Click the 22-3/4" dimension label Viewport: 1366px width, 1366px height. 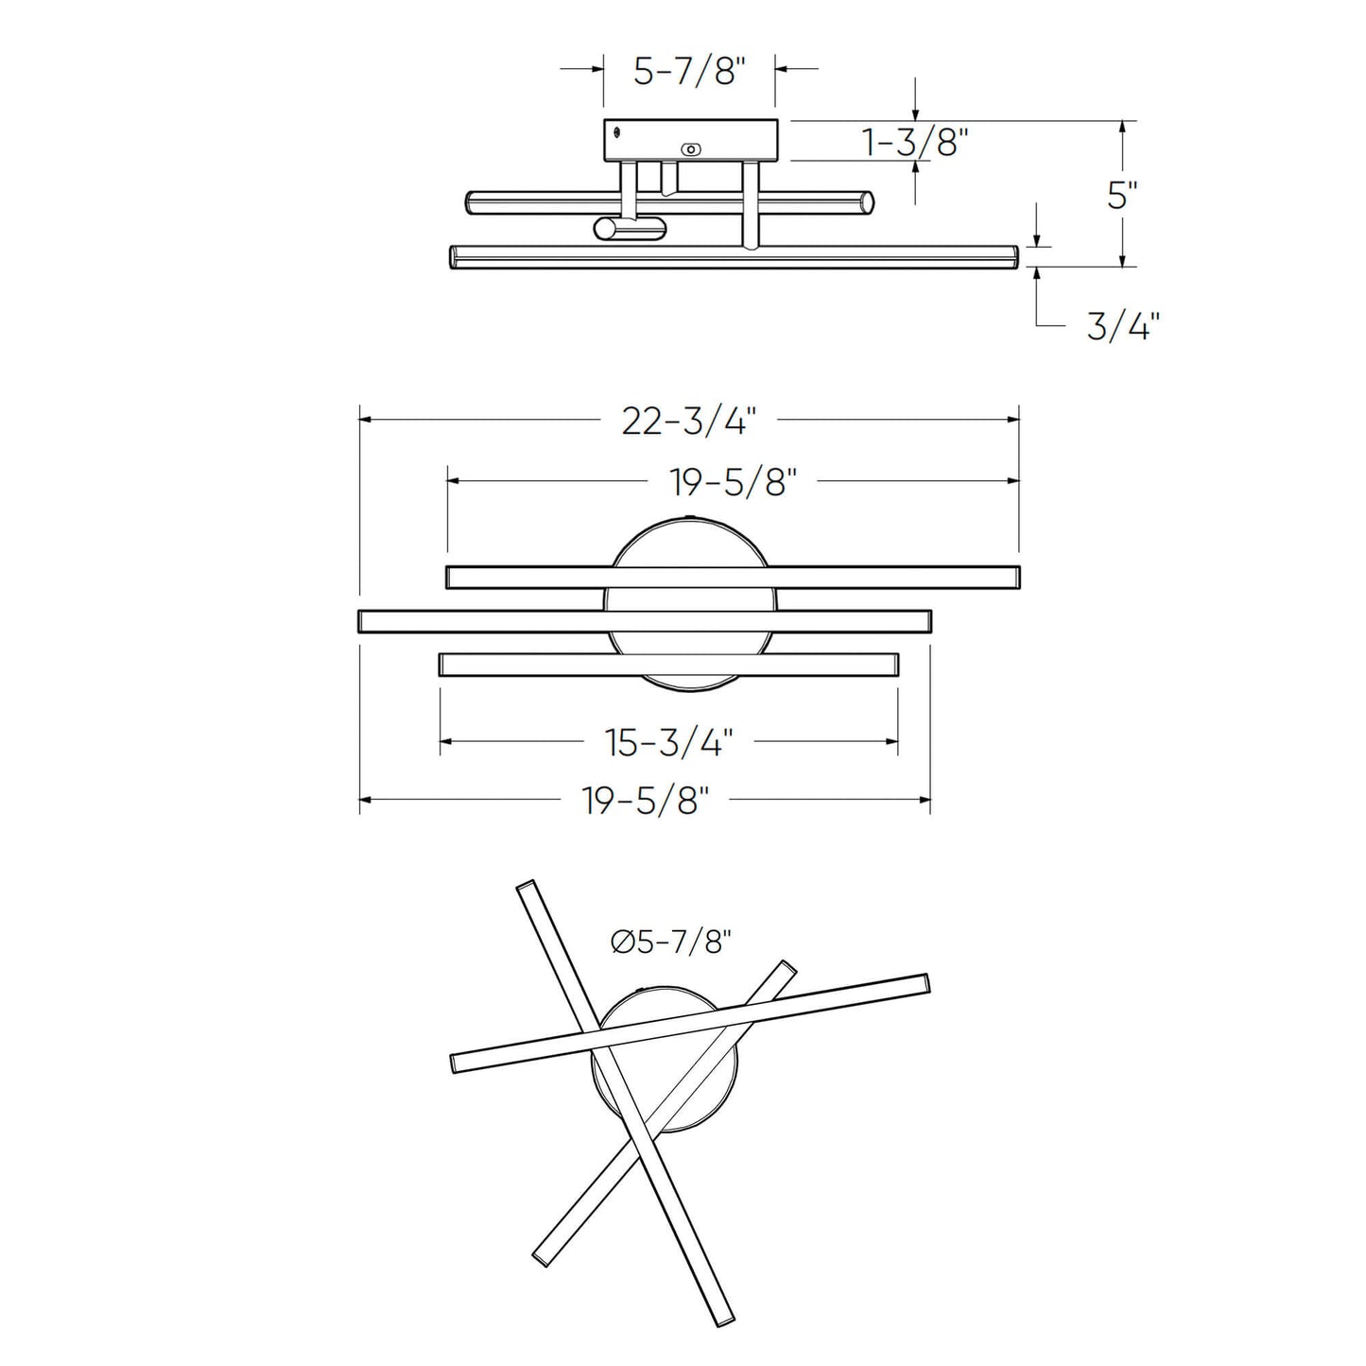689,421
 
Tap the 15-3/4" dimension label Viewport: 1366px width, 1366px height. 669,743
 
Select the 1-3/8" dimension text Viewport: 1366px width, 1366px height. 916,143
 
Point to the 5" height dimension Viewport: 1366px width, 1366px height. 1121,196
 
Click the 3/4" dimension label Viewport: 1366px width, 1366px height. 1122,327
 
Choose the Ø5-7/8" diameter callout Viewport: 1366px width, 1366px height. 671,942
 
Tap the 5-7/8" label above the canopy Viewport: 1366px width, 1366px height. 689,71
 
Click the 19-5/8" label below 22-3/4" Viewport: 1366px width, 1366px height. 728,483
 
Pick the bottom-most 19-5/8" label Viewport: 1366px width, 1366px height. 646,802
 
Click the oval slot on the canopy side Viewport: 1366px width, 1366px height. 692,149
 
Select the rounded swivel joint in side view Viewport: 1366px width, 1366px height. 629,228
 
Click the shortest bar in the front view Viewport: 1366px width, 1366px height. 668,665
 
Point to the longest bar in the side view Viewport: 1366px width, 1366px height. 733,257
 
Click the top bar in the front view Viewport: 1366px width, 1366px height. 733,577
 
